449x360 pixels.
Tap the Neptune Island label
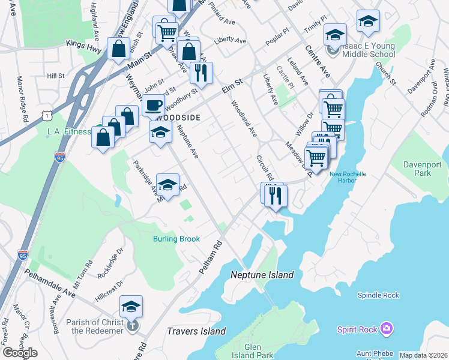click(262, 275)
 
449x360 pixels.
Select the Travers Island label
click(196, 331)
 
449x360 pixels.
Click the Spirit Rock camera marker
click(387, 328)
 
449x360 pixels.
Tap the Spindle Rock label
click(378, 295)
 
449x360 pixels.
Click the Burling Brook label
click(175, 239)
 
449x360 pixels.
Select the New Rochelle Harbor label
click(348, 178)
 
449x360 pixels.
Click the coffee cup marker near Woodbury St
click(153, 106)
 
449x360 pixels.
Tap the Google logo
click(19, 352)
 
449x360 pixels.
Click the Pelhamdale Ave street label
click(49, 283)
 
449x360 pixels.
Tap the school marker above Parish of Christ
click(131, 307)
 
